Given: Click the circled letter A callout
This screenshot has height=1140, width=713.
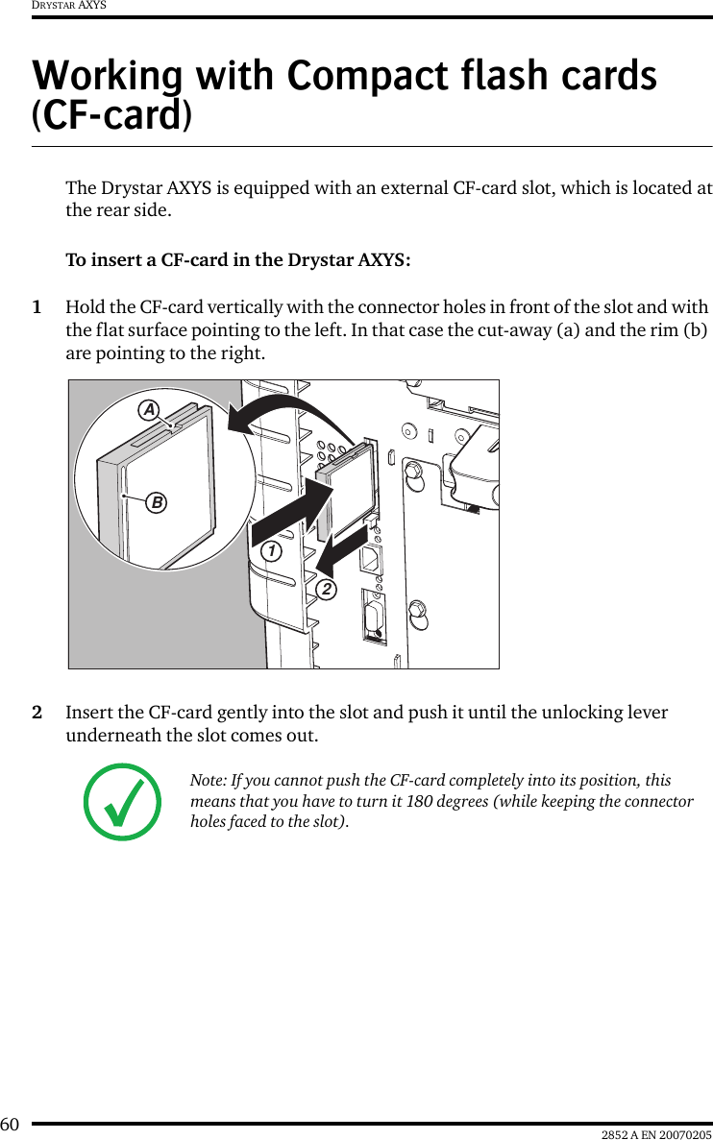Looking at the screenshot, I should point(149,410).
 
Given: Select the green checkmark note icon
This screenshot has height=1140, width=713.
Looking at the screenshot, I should point(123,802).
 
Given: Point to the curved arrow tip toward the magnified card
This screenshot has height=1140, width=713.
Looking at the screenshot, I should point(234,420).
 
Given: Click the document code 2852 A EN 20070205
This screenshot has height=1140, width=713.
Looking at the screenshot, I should point(656,1133).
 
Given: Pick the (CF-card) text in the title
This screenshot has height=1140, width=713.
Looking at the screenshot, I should point(111,115).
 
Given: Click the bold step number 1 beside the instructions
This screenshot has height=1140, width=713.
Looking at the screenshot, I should point(37,307).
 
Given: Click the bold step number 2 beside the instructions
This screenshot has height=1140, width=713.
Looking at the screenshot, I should point(37,714).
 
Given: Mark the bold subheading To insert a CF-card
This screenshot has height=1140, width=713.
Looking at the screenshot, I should point(237,260).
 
